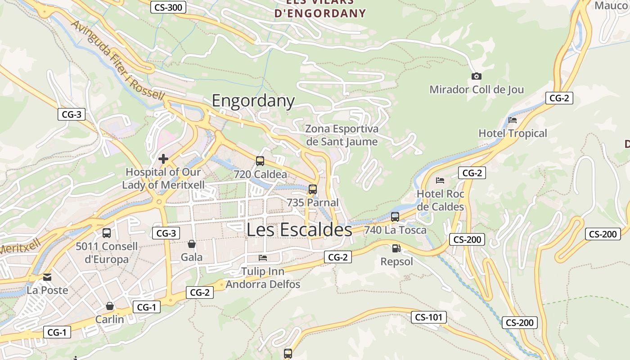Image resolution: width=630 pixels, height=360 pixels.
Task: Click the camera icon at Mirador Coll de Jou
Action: coord(476,76)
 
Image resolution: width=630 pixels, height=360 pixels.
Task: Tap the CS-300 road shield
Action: coord(168,7)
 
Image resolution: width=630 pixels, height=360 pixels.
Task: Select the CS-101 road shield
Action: coord(428,317)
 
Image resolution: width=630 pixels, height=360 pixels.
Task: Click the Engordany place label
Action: coord(253,100)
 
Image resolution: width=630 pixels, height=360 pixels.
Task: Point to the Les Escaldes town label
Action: coord(299,229)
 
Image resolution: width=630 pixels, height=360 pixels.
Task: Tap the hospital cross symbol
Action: coord(163,159)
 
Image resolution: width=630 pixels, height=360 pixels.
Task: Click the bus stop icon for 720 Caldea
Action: coord(260,161)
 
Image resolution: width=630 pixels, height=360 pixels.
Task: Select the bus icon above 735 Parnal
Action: coord(313,189)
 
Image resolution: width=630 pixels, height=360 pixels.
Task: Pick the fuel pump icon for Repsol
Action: coord(396,248)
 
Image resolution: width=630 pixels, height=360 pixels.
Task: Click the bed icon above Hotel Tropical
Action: coord(513,120)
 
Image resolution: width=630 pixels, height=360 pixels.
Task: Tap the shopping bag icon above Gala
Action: coord(192,244)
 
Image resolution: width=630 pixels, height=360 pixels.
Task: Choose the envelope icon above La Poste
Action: coord(47,277)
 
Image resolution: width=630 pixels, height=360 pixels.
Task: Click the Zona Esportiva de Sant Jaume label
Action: coord(342,135)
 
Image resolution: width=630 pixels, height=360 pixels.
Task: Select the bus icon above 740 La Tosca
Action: coord(395,217)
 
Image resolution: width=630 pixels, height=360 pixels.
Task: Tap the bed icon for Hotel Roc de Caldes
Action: coord(440,180)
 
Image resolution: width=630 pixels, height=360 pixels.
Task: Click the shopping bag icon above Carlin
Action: coord(109,306)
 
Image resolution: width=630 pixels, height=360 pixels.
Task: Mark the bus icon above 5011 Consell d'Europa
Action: coord(107,233)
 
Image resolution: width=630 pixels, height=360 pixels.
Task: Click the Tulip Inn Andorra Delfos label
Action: coord(263,278)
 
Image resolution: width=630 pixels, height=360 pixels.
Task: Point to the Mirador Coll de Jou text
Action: coord(477,90)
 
